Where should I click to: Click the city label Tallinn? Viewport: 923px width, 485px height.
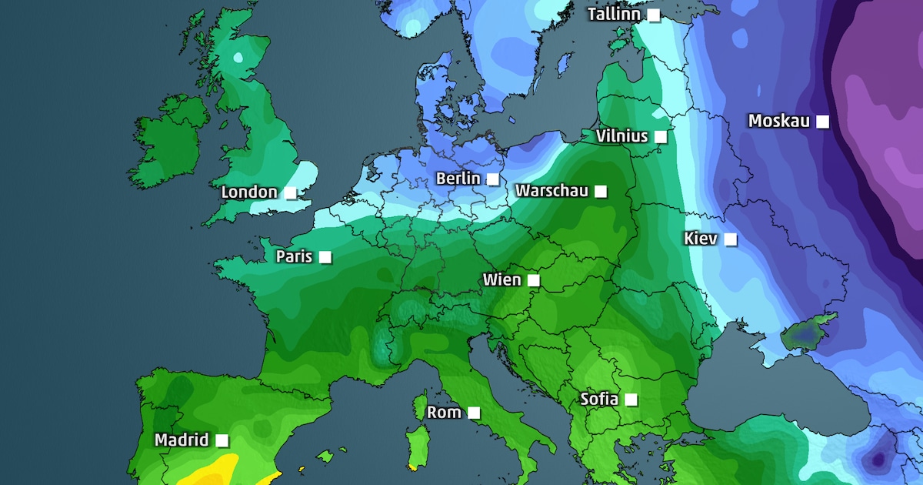[615, 15]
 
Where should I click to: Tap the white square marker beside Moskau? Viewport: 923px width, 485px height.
[822, 121]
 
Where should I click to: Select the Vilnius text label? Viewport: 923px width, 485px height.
[621, 136]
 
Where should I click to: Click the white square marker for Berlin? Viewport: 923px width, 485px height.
[493, 179]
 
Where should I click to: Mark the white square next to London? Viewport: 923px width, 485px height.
[290, 192]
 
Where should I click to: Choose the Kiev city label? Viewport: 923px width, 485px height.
[701, 239]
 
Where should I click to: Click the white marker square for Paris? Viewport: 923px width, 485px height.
[325, 256]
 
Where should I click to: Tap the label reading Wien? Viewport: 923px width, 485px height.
[501, 279]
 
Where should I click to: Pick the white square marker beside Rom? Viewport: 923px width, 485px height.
[474, 413]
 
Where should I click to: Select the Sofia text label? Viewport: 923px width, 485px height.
[598, 399]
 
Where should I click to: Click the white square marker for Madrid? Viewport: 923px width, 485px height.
[222, 440]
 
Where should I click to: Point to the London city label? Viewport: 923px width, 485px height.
[249, 192]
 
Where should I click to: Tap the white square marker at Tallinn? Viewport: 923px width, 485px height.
[653, 15]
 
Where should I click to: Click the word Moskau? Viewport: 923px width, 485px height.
[778, 121]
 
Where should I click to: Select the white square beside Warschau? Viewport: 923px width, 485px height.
[600, 190]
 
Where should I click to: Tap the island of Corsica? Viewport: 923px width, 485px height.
[420, 403]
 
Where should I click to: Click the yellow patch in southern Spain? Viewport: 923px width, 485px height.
[212, 471]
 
